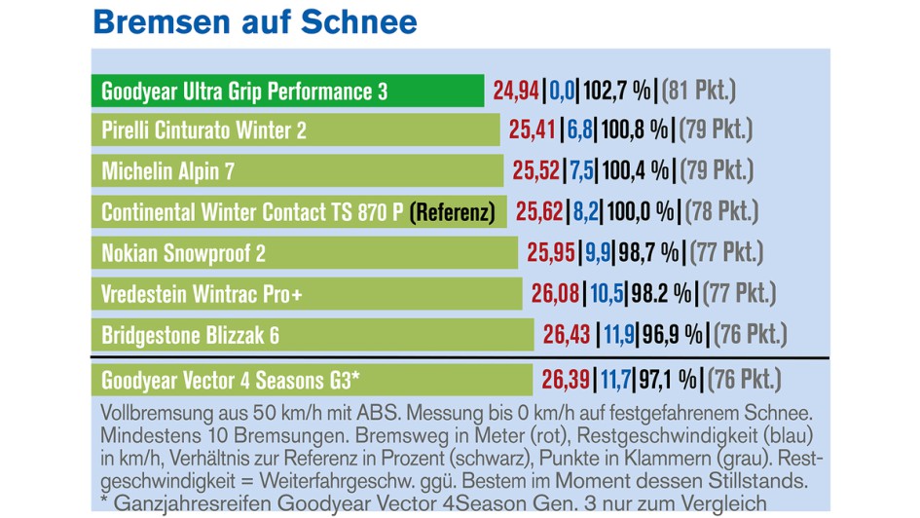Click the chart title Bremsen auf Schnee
[x=254, y=21]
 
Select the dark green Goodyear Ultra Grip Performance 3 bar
[x=288, y=92]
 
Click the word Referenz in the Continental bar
[x=453, y=211]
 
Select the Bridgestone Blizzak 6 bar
[x=313, y=335]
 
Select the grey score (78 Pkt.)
[x=723, y=211]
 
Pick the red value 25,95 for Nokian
[x=551, y=253]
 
